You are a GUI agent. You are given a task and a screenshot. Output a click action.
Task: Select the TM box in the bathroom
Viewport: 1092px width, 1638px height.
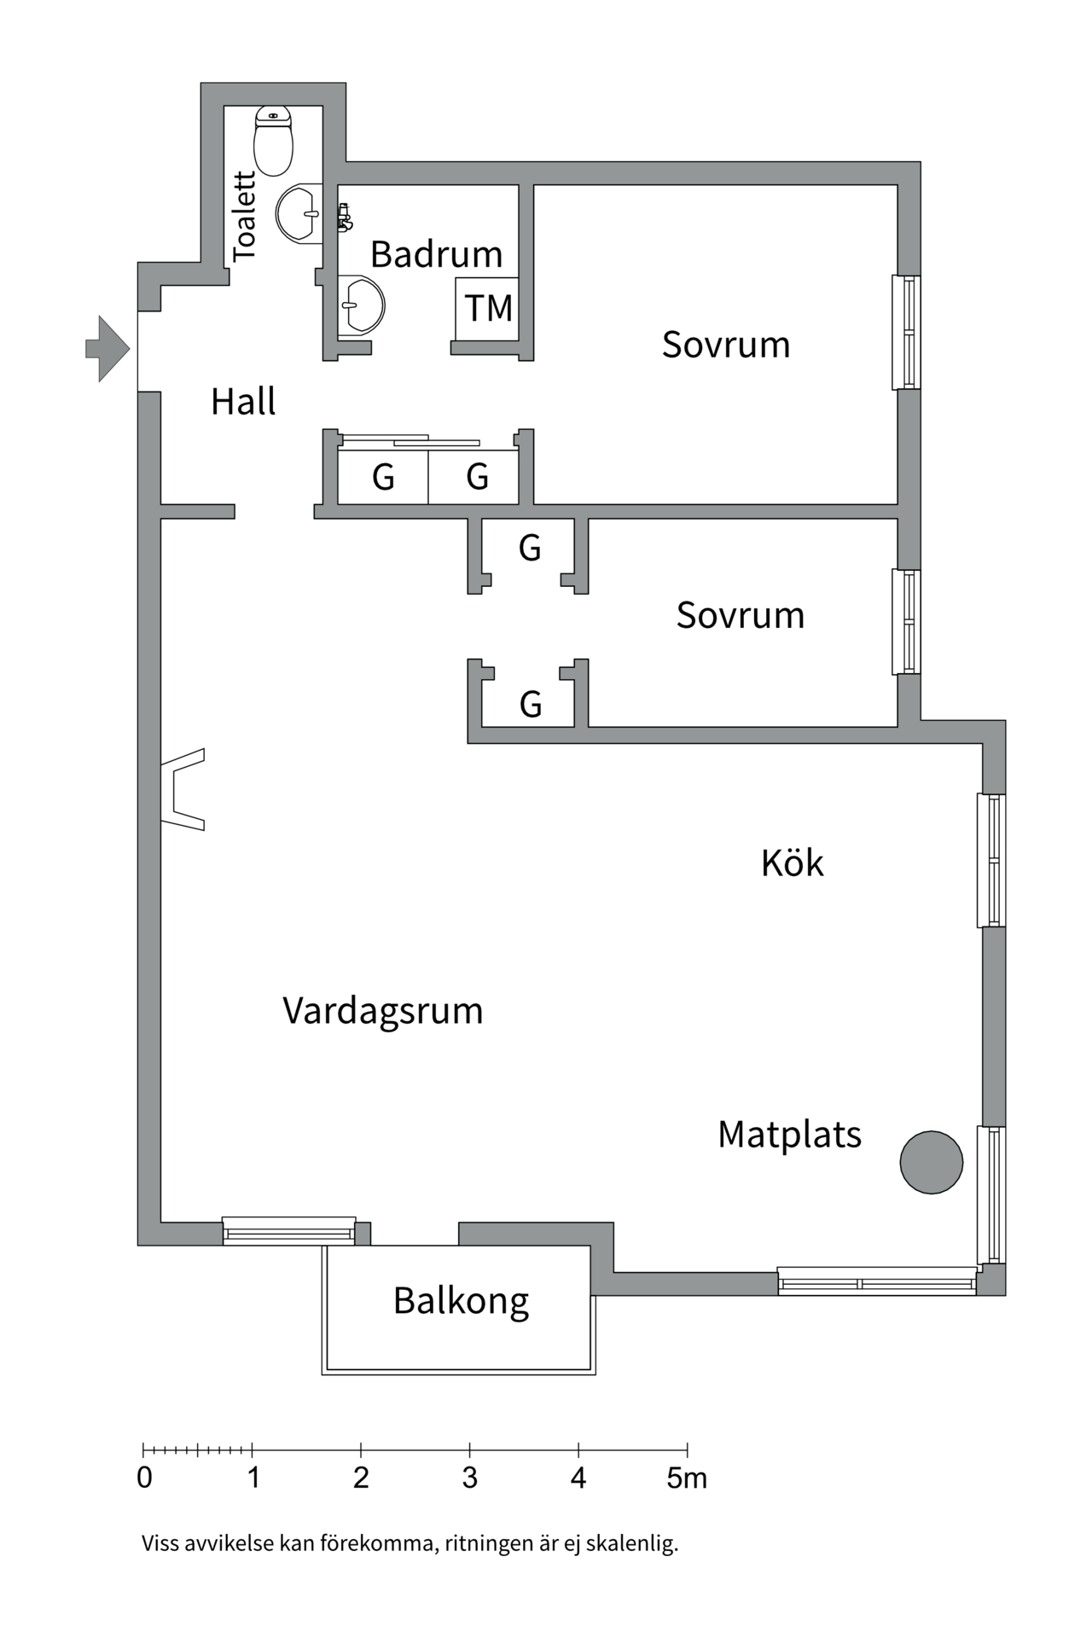pos(487,308)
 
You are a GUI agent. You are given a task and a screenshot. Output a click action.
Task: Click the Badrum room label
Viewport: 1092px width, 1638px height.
pos(436,254)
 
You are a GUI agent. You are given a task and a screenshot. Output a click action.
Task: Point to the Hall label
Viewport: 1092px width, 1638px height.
pos(243,402)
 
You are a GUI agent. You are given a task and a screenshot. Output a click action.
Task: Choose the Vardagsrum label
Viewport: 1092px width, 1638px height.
pos(383,1011)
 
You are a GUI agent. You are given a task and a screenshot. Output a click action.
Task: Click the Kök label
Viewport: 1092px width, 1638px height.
pos(792,863)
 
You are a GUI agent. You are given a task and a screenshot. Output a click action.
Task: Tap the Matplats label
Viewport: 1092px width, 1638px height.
pos(789,1135)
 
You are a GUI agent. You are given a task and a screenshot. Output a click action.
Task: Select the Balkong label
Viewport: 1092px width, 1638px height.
pos(461,1301)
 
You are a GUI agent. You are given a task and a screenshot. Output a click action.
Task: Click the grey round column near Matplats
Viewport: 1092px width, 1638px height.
pos(932,1162)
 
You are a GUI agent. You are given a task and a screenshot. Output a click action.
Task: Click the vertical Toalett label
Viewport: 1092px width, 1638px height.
pos(244,216)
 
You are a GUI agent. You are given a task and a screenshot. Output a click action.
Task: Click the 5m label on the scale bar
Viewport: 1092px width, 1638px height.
pos(687,1478)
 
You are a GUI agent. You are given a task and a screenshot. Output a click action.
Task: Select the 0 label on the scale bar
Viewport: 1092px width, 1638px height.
pos(144,1478)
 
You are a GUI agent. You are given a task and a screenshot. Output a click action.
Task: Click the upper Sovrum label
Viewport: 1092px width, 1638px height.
pos(726,345)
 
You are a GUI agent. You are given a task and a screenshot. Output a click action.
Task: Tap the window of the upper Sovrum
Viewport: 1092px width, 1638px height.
pos(907,332)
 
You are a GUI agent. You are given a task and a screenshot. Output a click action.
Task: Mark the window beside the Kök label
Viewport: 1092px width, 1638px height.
pos(991,860)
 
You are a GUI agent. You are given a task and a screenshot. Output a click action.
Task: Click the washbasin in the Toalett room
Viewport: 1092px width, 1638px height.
pos(299,213)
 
